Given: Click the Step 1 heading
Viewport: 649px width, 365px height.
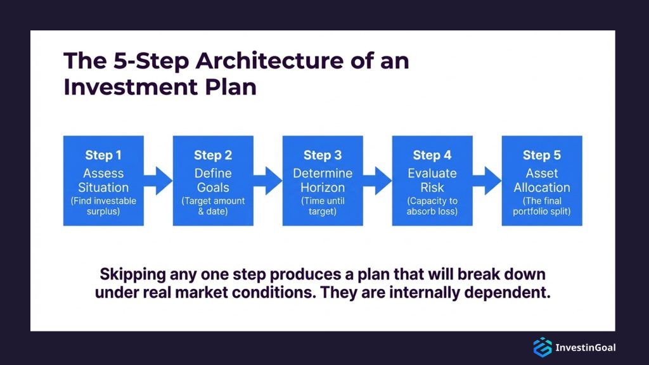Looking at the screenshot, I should coord(103,155).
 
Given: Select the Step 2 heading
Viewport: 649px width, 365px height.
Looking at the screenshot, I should coord(213,155).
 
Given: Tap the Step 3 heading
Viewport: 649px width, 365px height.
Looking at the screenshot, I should coord(323,155).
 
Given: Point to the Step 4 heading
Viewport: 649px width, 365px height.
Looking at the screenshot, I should coord(432,155).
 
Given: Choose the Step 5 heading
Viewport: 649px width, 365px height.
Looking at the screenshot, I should coord(542,155).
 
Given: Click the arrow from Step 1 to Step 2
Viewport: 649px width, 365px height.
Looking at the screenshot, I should coord(158,181).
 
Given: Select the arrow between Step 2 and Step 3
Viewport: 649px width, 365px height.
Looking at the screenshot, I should coord(268,181).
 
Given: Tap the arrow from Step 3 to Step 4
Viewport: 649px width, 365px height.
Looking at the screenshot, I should coord(378,181).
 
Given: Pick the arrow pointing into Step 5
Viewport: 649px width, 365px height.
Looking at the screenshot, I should coord(487,181).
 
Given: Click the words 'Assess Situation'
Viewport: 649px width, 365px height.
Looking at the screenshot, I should coord(103,180).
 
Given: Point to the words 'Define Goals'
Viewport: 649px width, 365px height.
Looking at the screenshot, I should coord(213,180).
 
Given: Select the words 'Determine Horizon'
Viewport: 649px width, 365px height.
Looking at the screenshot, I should coord(323,180).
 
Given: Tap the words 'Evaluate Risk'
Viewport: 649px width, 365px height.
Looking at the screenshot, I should coord(432,180).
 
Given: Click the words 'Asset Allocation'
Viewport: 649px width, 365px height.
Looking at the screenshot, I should coord(542,180).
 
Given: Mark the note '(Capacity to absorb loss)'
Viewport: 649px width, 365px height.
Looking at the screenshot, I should coord(432,206).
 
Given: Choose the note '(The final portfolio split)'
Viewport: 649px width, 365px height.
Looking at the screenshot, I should coord(542,206).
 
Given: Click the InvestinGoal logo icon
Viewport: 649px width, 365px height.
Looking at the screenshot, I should coord(542,347).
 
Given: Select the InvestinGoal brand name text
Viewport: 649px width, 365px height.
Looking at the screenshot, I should coord(585,347).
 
